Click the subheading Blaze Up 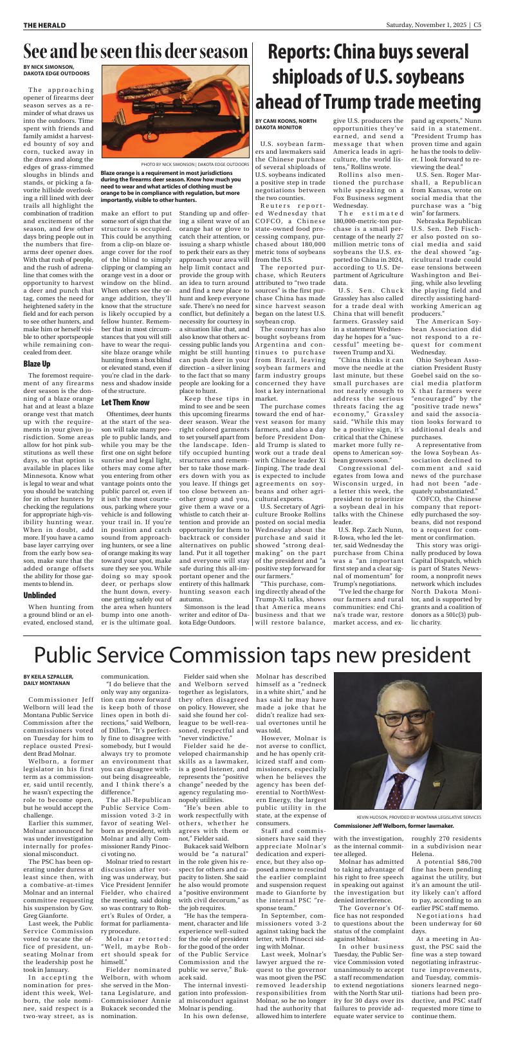tap(37, 364)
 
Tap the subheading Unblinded tap(40, 578)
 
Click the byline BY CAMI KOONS tap(286, 123)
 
